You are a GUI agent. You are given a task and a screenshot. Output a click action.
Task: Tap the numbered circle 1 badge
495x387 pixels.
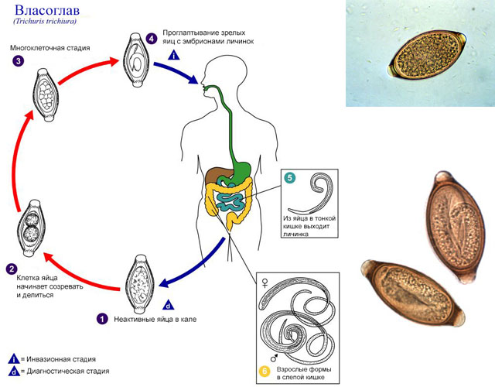[101, 318]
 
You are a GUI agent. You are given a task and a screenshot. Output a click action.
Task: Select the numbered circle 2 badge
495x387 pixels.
[12, 269]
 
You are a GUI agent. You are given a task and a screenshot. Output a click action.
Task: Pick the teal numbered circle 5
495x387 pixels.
[289, 178]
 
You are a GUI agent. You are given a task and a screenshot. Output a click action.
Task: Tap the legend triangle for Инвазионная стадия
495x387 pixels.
[13, 358]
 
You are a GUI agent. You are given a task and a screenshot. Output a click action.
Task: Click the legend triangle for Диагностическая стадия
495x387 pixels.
[13, 372]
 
